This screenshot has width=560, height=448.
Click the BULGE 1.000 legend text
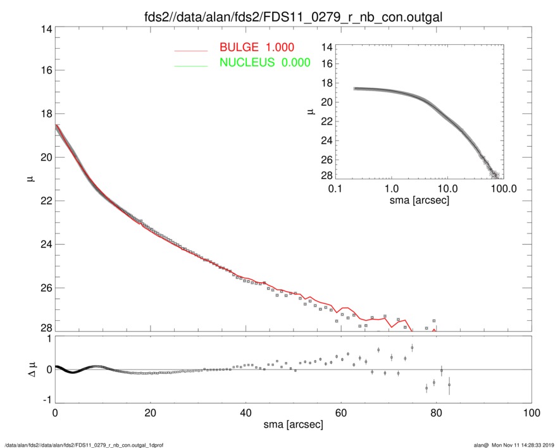tap(256, 47)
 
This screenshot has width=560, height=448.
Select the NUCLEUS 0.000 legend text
tap(264, 62)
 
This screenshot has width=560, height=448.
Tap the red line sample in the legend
tap(191, 49)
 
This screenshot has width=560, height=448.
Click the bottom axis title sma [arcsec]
tap(292, 425)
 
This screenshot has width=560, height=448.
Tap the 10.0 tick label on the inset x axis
tap(447, 189)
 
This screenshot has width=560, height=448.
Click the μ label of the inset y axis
tap(311, 111)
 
